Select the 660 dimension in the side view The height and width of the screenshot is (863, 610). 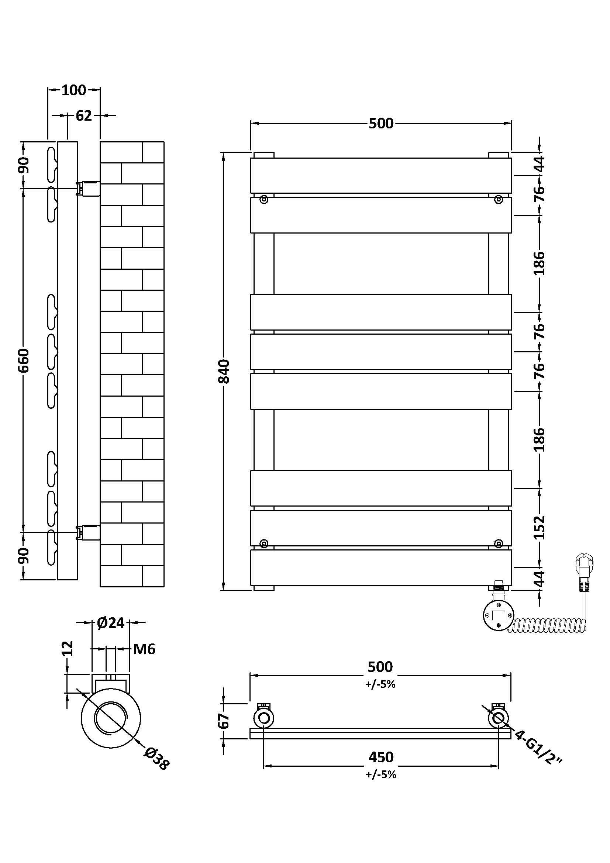(23, 360)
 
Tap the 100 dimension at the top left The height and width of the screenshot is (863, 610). (74, 90)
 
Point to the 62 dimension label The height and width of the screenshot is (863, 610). (84, 116)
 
